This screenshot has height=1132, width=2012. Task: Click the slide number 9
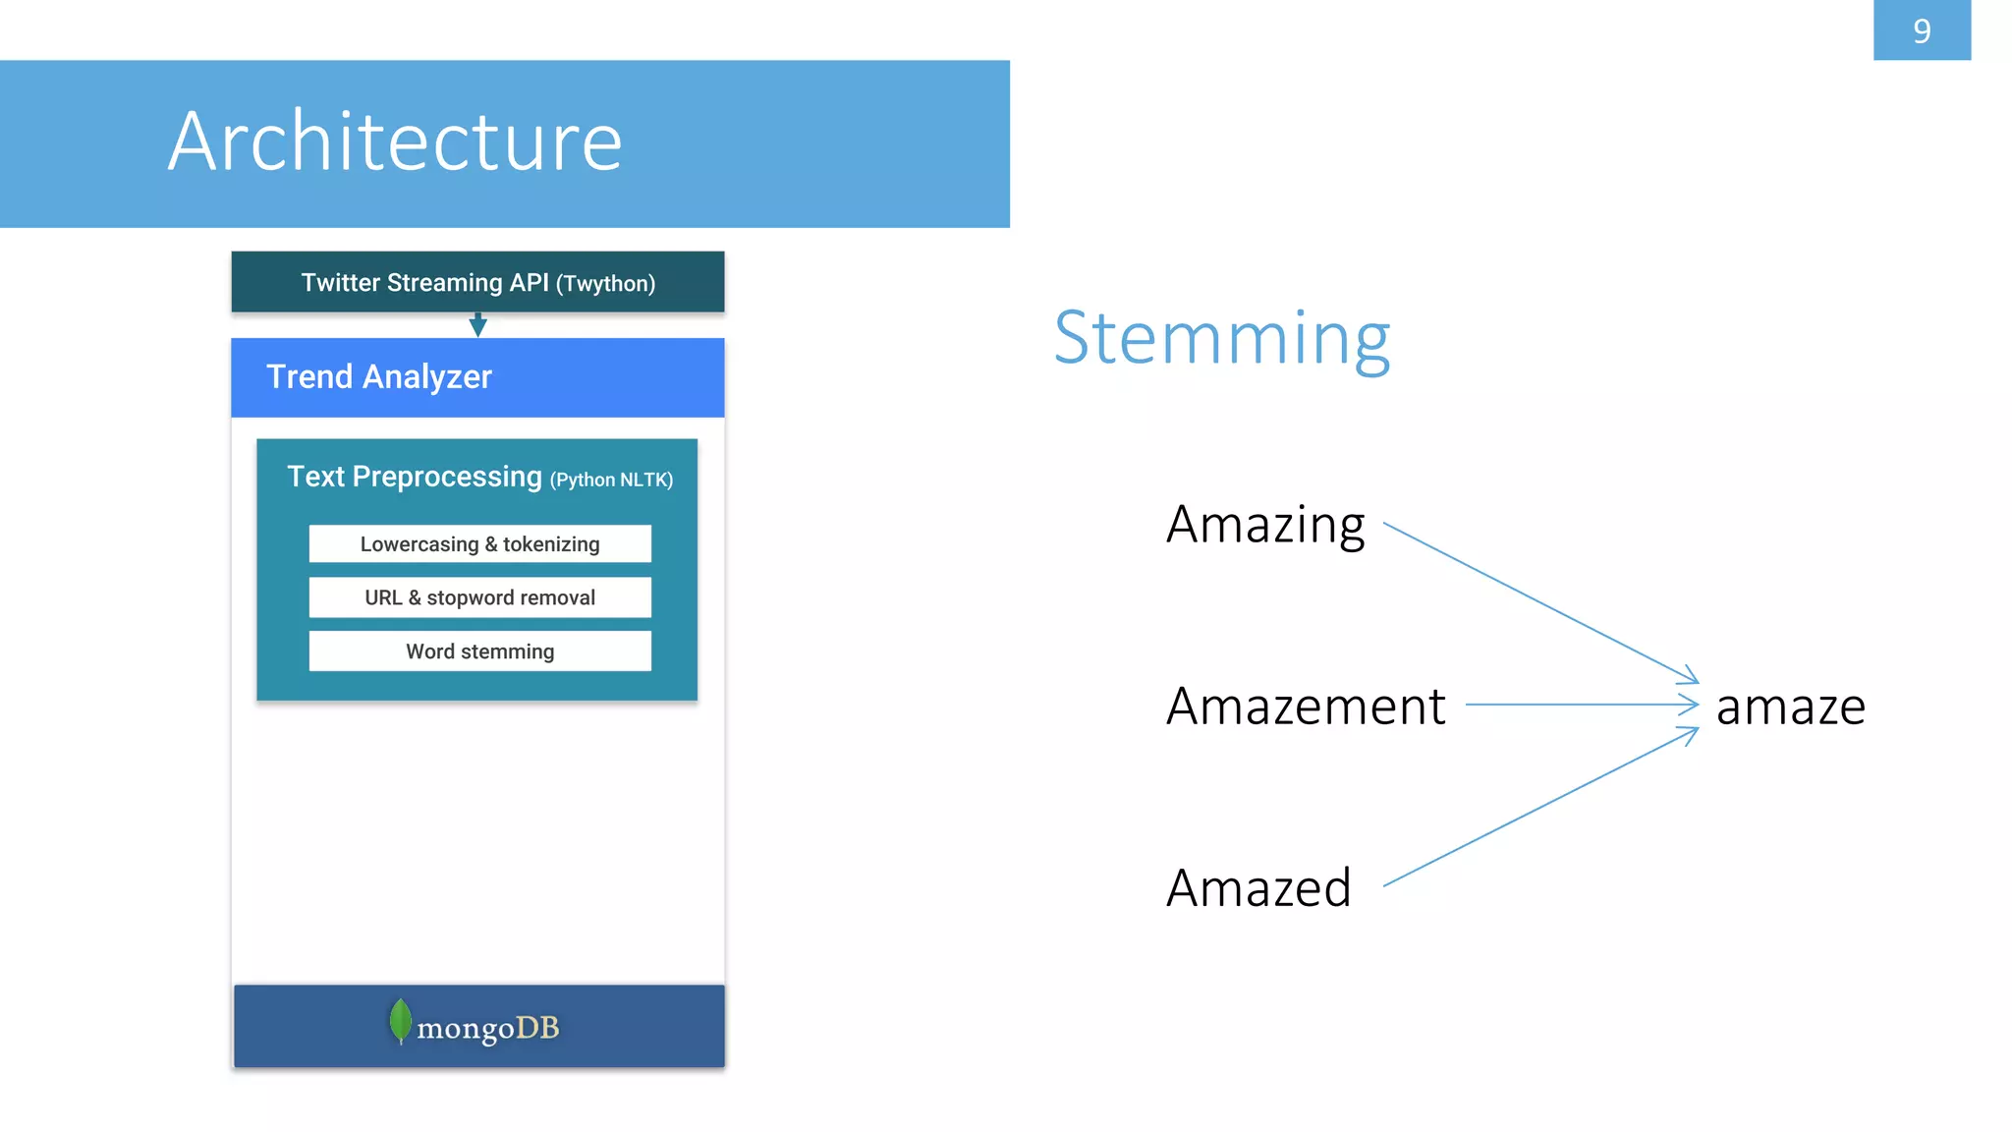(x=1921, y=30)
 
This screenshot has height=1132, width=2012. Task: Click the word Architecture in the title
(x=395, y=141)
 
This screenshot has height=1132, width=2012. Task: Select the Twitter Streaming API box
(x=477, y=282)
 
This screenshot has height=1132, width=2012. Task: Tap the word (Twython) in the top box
(x=605, y=284)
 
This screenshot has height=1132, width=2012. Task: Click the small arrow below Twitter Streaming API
(x=477, y=325)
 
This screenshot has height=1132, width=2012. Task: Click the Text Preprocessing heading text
(x=414, y=477)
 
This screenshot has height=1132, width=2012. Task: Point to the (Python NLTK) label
(x=611, y=480)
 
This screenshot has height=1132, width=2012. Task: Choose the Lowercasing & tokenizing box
(x=479, y=543)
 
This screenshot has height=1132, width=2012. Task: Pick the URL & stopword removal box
(x=479, y=597)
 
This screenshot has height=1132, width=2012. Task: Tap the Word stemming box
(x=479, y=651)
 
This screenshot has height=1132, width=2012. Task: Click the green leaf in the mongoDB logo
(x=400, y=1021)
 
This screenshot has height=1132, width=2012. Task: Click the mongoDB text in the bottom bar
(x=487, y=1028)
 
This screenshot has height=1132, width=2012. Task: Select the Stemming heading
(x=1221, y=338)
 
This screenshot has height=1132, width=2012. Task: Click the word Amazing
(x=1264, y=526)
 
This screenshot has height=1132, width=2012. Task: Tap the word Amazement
(x=1305, y=707)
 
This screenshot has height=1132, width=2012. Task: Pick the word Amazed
(x=1258, y=888)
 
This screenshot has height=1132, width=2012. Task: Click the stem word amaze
(x=1790, y=707)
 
